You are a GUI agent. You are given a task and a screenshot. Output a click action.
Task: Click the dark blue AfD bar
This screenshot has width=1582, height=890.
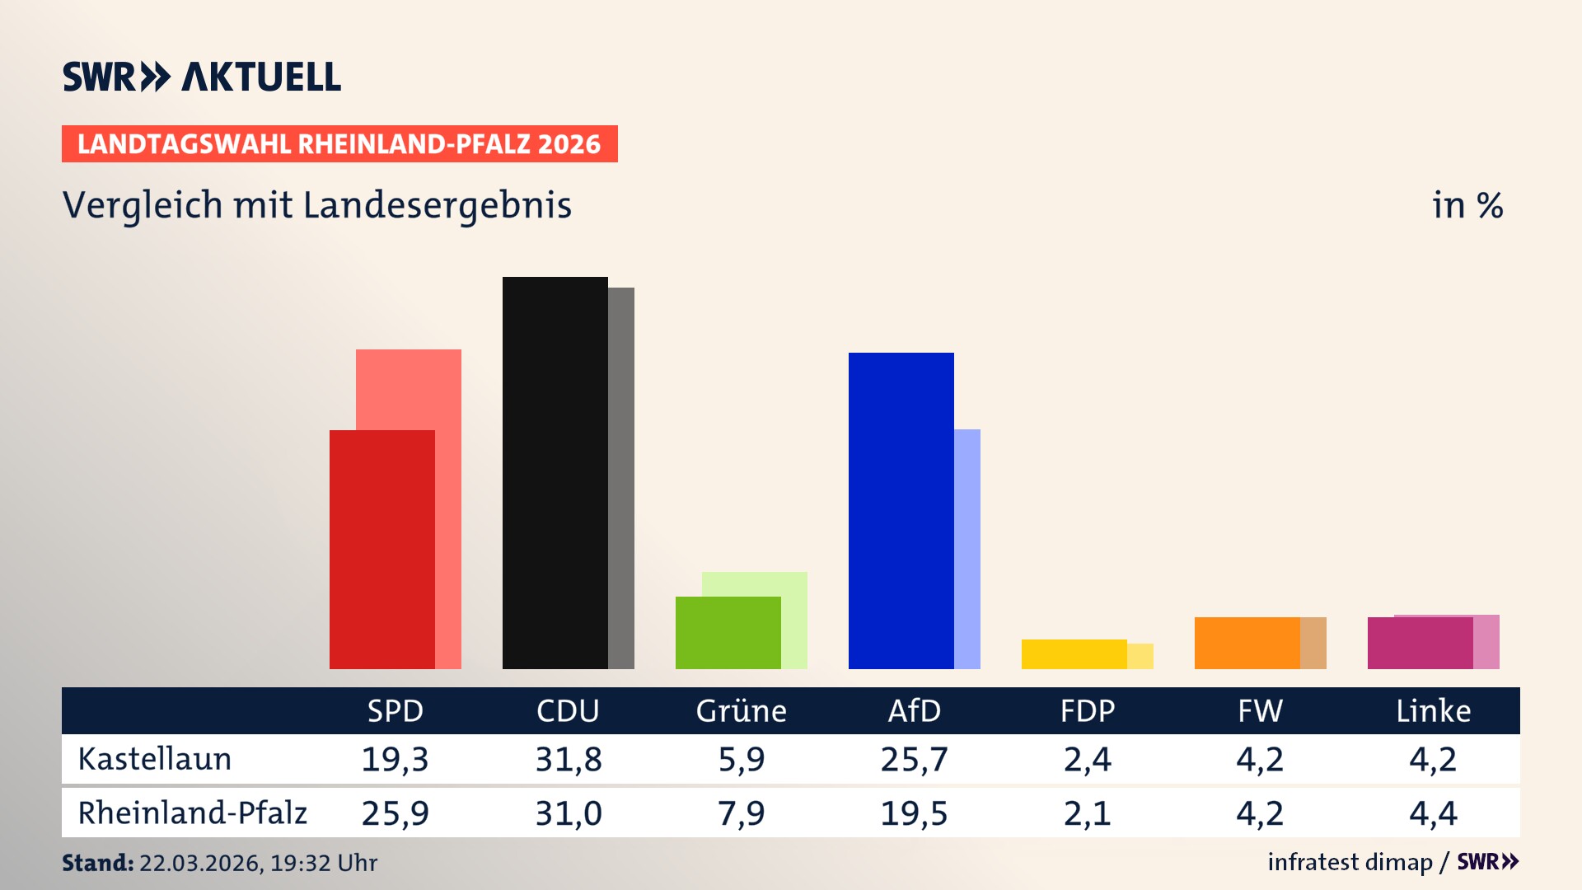point(901,511)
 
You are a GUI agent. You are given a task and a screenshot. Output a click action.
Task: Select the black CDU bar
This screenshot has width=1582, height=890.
point(555,474)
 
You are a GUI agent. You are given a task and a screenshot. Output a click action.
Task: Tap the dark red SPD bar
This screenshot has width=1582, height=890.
point(381,550)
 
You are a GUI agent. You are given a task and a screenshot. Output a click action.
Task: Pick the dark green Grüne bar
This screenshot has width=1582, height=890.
point(728,633)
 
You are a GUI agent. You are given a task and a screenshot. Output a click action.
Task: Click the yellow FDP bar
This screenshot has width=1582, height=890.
point(1074,654)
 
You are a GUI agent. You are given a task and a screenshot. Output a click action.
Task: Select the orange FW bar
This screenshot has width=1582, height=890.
point(1247,643)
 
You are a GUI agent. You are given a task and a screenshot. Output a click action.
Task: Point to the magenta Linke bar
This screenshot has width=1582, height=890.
point(1420,644)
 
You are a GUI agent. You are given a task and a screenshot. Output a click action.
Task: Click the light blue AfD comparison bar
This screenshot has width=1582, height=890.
point(967,549)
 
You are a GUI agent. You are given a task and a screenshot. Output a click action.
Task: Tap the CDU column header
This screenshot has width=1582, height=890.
point(568,711)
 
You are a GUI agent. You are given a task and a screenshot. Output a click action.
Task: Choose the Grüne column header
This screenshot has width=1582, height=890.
point(741,711)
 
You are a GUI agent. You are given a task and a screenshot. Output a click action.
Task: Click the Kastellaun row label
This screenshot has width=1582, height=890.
point(155,759)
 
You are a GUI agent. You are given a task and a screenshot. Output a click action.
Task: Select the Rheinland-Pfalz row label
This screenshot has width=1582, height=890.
point(192,813)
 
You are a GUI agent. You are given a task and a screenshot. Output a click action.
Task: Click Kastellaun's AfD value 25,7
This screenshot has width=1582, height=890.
point(914,759)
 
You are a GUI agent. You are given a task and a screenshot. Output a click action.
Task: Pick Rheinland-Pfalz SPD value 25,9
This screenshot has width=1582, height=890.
point(395,813)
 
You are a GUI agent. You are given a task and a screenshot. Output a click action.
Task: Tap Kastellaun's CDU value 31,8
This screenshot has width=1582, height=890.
point(568,759)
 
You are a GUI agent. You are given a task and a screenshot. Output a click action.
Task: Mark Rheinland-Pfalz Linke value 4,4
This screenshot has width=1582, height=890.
point(1433,813)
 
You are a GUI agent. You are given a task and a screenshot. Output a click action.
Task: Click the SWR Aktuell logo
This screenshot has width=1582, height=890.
point(202,77)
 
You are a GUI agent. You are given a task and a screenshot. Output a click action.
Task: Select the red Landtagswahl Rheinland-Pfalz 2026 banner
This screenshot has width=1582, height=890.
point(339,144)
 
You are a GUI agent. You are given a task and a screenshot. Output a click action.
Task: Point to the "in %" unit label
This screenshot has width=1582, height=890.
point(1467,205)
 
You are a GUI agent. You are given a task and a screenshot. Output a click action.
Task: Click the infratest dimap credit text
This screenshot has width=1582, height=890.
point(1350,862)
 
